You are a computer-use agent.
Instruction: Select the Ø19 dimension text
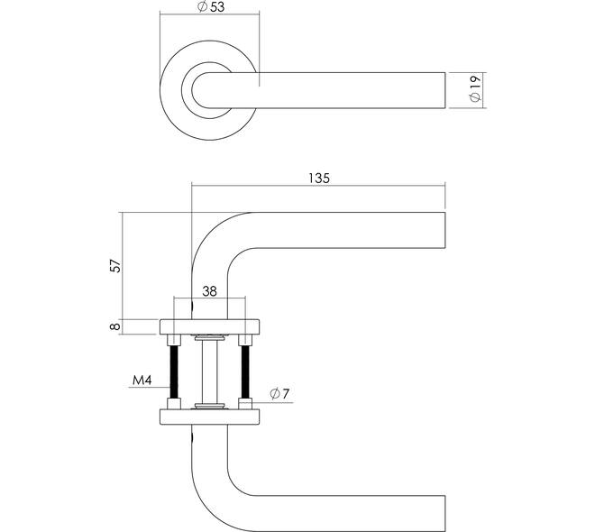coord(476,89)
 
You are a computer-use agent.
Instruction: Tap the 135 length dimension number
coord(319,178)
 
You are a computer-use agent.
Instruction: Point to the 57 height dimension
coord(114,266)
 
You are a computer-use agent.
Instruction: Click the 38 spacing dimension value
coord(209,291)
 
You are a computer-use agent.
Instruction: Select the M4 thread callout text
coord(141,381)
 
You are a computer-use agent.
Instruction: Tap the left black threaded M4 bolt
coord(175,371)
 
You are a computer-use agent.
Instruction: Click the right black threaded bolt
coord(243,371)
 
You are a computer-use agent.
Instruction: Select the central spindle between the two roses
coord(209,371)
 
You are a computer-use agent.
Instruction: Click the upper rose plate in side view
coord(209,326)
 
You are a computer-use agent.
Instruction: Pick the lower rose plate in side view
coord(209,416)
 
